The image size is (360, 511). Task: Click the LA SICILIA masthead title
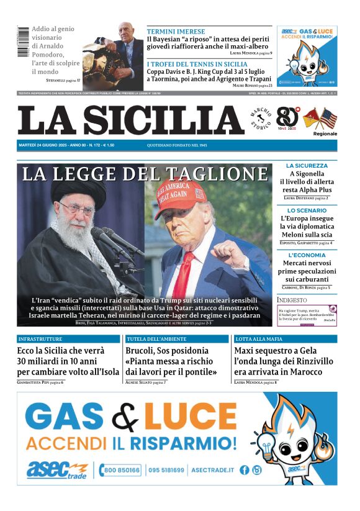[130, 120]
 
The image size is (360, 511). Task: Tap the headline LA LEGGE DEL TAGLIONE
[145, 174]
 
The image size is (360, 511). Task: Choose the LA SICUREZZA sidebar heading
[307, 166]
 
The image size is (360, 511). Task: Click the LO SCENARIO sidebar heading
[307, 210]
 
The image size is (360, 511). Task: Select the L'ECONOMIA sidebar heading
[307, 255]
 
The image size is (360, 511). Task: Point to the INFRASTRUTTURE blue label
[40, 340]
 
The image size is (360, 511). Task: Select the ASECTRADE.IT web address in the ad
[212, 470]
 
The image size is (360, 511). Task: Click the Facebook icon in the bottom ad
[245, 470]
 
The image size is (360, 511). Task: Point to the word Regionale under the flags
[325, 133]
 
